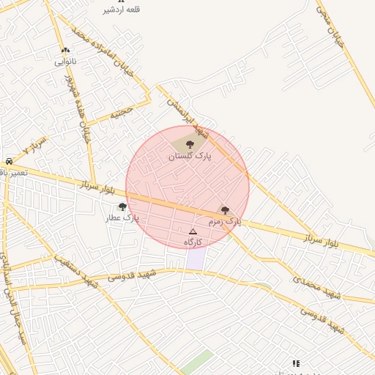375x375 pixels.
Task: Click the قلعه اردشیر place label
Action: point(122,10)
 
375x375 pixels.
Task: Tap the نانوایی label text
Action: point(66,62)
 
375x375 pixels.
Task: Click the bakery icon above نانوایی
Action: point(66,51)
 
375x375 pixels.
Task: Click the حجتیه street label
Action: point(122,112)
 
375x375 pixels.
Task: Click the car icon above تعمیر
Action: point(9,161)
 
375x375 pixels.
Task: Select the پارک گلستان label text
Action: point(189,156)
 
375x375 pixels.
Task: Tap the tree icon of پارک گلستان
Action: point(190,145)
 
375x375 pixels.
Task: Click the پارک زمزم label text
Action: point(224,220)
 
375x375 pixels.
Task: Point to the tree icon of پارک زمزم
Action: point(225,210)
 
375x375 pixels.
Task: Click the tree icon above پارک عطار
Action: point(122,207)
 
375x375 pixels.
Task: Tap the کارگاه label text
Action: point(193,242)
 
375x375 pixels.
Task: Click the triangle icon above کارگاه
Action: point(193,231)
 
